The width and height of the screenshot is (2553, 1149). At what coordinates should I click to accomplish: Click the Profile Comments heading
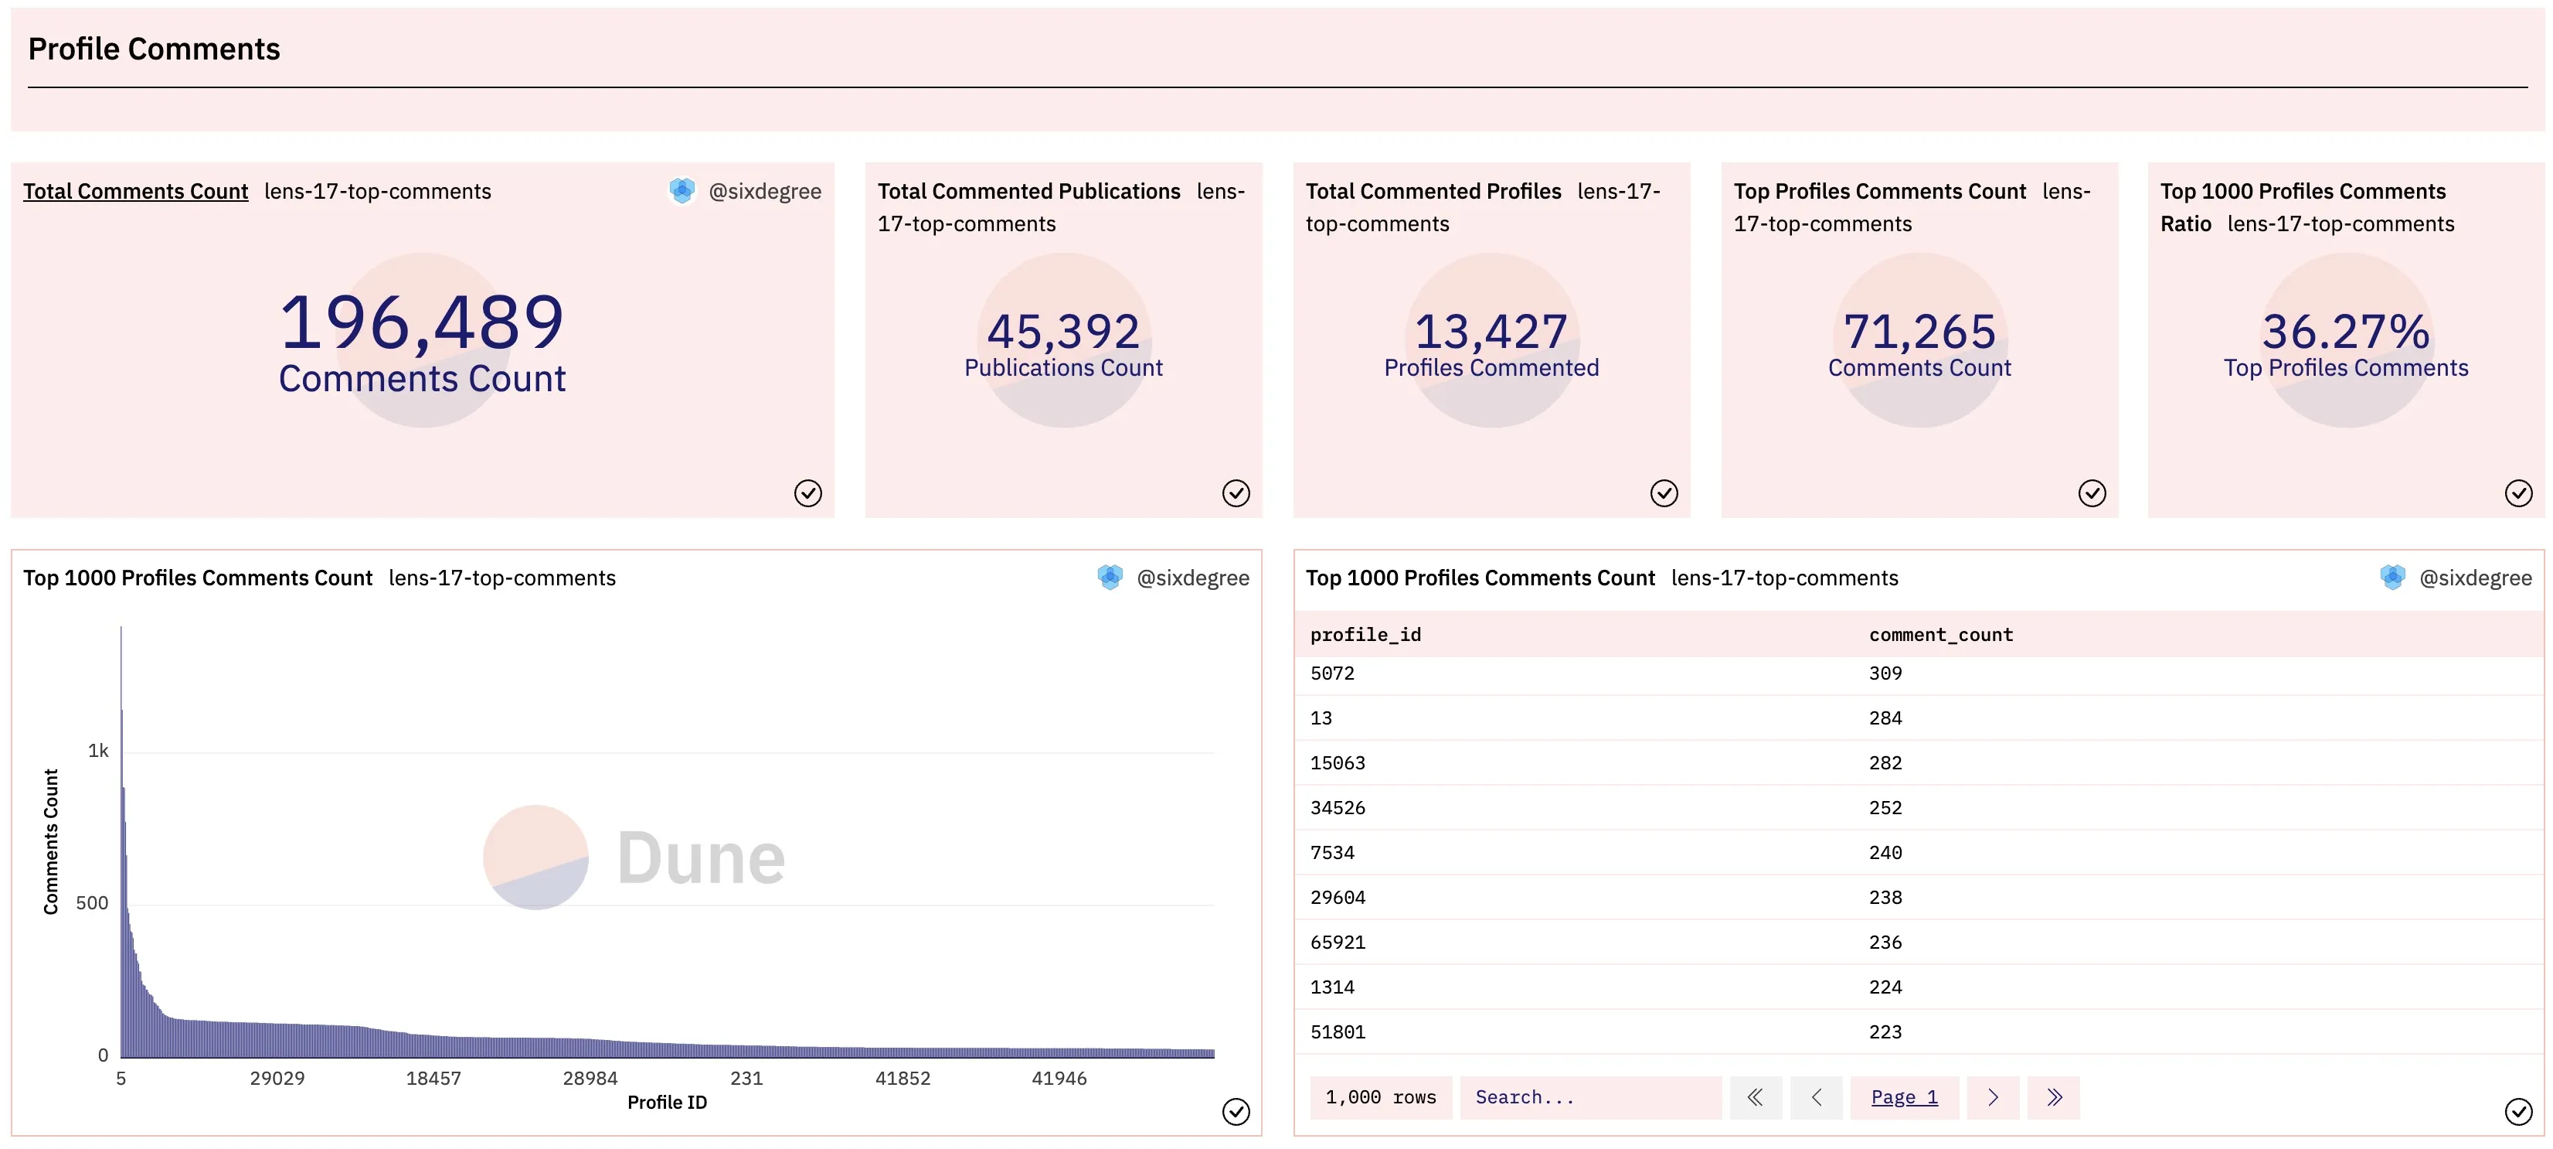[x=154, y=49]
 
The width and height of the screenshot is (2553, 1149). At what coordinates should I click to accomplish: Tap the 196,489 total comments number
[x=422, y=323]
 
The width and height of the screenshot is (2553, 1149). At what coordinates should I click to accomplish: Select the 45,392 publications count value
[x=1063, y=331]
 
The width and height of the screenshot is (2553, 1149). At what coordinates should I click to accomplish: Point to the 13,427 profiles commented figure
[x=1491, y=331]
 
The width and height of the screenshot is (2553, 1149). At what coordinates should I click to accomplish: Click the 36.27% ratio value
[x=2346, y=331]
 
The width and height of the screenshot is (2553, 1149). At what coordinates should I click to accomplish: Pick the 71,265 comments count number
[x=1919, y=331]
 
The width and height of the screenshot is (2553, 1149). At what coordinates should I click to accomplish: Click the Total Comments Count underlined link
[x=136, y=191]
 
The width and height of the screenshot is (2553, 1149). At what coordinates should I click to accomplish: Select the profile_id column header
[x=1365, y=635]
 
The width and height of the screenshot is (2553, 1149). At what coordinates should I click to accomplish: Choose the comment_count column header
[x=1940, y=635]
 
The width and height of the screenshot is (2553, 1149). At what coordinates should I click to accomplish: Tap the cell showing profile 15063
[x=1338, y=762]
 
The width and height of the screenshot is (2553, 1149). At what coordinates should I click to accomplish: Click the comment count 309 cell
[x=1885, y=673]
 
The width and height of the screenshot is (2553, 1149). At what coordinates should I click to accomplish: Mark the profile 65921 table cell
[x=1338, y=942]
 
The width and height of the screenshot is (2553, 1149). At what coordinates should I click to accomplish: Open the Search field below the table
[x=1589, y=1097]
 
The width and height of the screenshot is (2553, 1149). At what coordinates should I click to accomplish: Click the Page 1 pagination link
[x=1904, y=1097]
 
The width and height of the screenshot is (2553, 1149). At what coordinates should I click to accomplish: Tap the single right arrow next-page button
[x=1993, y=1097]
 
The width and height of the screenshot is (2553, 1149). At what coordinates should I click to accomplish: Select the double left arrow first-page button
[x=1756, y=1097]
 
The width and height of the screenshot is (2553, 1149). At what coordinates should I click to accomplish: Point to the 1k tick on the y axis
[x=98, y=751]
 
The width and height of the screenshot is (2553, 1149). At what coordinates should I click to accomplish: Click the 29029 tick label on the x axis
[x=277, y=1078]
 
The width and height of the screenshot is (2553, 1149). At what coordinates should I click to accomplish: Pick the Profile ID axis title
[x=667, y=1103]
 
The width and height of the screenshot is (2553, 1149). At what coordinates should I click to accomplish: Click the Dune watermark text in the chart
[x=701, y=857]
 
